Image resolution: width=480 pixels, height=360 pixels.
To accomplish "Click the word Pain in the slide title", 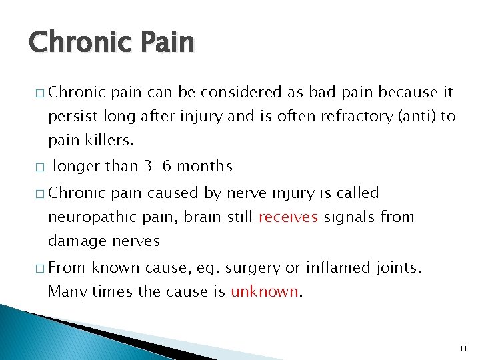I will (165, 43).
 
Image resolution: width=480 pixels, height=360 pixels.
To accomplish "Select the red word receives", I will (288, 217).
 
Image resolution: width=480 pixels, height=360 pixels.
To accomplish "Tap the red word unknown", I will (265, 291).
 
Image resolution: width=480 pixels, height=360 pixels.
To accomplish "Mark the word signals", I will (349, 217).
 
